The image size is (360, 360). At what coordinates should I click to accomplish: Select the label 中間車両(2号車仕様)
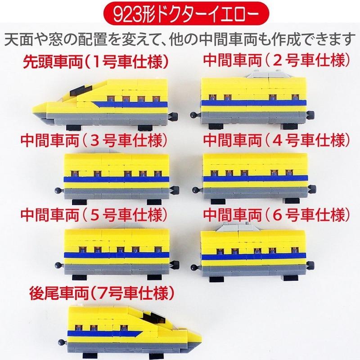(x=276, y=60)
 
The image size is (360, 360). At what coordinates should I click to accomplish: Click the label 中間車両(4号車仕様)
(x=276, y=140)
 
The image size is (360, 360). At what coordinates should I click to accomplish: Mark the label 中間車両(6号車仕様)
(x=276, y=212)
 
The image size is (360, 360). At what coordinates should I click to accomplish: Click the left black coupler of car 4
(x=194, y=189)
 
